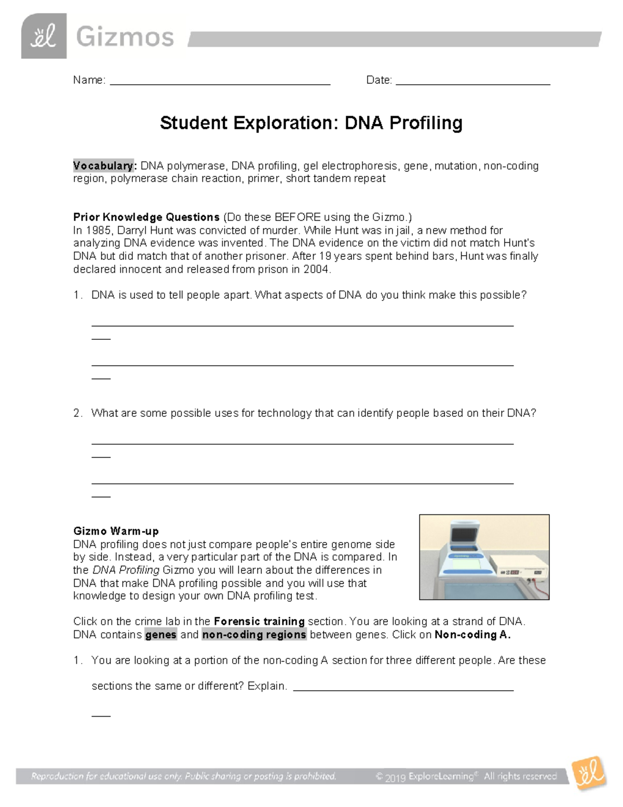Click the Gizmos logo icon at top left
[x=44, y=36]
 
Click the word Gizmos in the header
[x=125, y=37]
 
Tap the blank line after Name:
[x=220, y=81]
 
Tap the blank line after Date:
[x=472, y=81]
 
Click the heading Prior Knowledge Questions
[x=146, y=217]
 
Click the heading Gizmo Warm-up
[x=116, y=531]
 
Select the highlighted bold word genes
[x=161, y=634]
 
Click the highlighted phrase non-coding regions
[x=254, y=634]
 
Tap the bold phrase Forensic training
[x=259, y=621]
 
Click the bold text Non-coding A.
[x=472, y=634]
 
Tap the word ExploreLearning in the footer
[x=441, y=776]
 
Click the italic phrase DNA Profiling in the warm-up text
[x=126, y=570]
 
